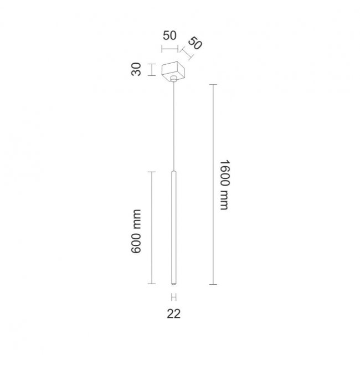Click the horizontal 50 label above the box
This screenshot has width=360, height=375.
(169, 35)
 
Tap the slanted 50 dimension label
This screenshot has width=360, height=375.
(195, 43)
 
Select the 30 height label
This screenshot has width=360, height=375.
(136, 69)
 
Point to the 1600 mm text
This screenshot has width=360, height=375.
(225, 185)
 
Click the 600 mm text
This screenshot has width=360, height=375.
(136, 232)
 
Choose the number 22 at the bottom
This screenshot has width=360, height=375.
(174, 314)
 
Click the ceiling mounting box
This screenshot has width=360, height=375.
(173, 71)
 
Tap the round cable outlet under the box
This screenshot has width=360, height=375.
(174, 79)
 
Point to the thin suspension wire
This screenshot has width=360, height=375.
(174, 126)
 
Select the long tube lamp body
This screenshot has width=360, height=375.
(174, 228)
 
